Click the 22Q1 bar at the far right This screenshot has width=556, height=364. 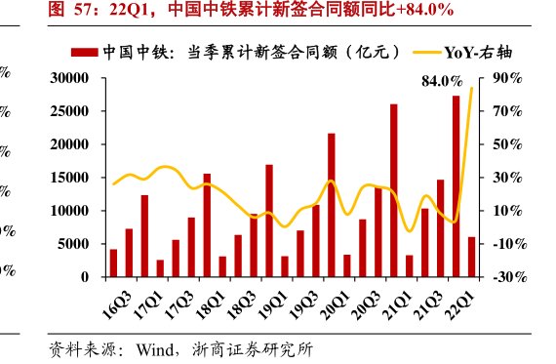tap(472, 257)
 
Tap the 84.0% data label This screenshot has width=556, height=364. tap(440, 82)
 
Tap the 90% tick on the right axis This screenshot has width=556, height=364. tap(509, 78)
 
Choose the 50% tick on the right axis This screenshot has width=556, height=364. tap(509, 144)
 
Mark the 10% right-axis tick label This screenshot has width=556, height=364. tap(509, 211)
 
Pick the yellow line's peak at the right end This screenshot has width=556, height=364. tap(472, 89)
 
